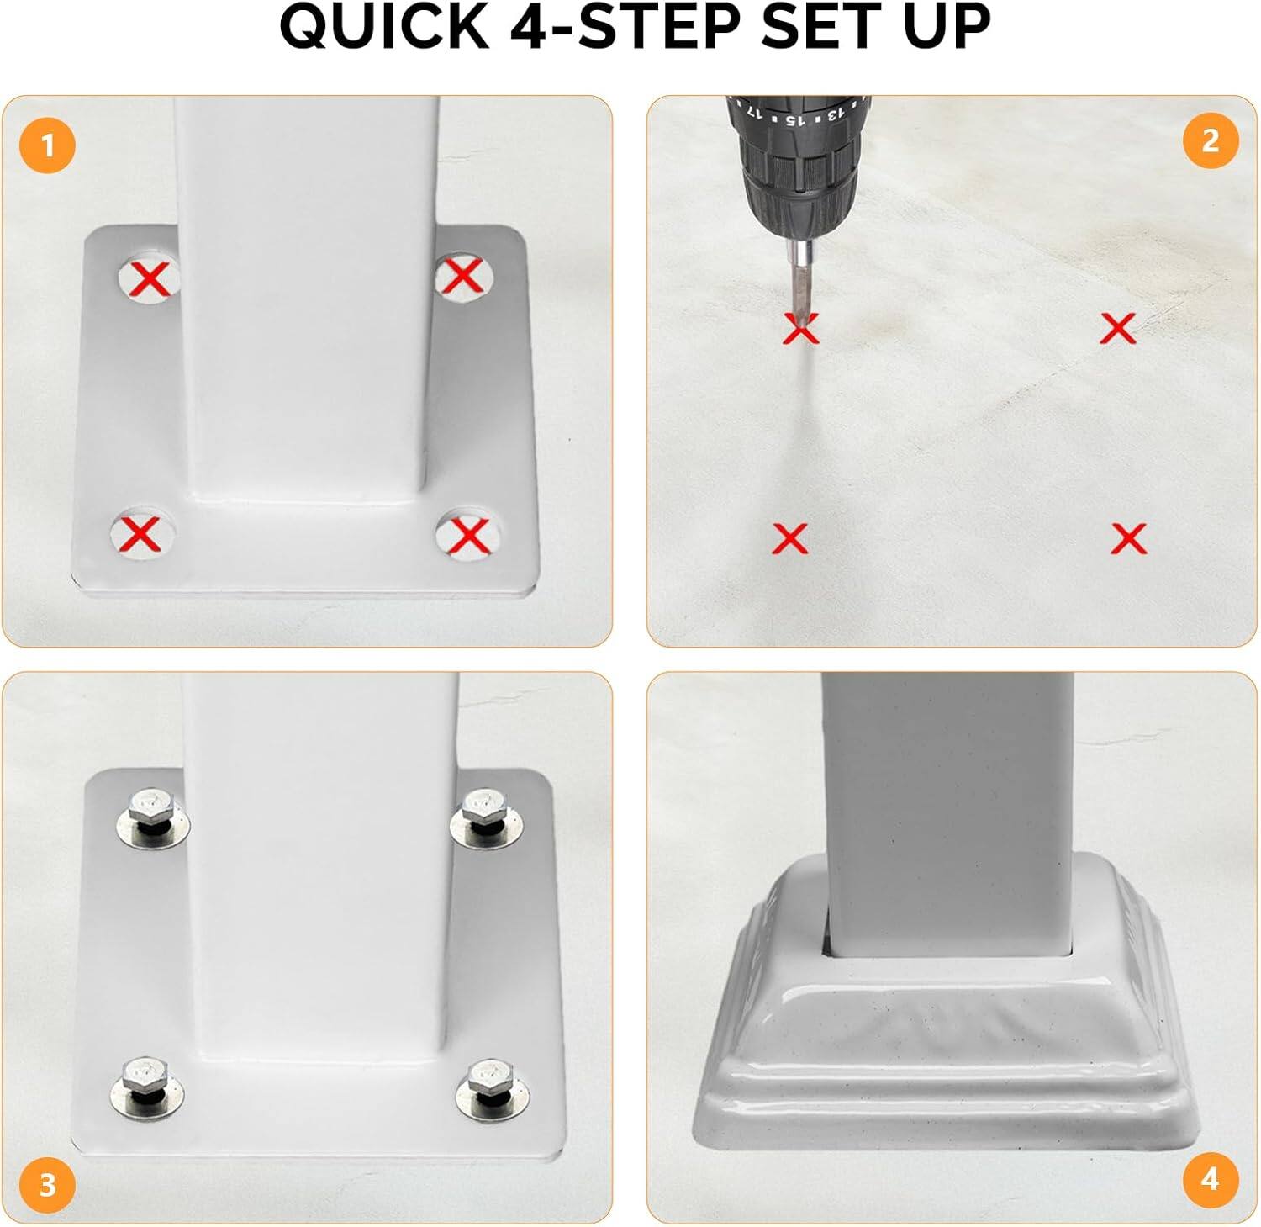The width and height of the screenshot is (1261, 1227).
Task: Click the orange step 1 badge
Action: coord(47,145)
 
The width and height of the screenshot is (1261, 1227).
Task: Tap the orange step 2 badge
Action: coord(1211,140)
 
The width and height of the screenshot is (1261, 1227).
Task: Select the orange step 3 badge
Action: coord(47,1184)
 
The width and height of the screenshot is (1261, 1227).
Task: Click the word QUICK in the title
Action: coord(384,27)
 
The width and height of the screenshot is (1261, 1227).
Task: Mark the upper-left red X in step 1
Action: coord(150,278)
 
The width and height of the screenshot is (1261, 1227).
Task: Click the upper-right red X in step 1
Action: coord(462,275)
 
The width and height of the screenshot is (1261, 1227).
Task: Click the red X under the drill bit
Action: coord(800,329)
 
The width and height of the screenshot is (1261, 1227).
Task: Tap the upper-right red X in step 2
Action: coord(1118,328)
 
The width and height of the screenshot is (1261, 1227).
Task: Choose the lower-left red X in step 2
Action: coord(790,538)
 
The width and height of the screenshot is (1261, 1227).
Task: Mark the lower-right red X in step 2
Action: coord(1128,538)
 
